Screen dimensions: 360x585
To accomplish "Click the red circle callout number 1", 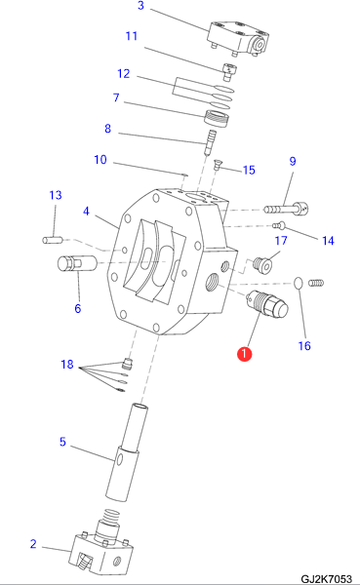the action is (x=244, y=354).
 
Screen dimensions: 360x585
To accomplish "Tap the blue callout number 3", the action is (x=140, y=6).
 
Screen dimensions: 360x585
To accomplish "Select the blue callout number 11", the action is (x=132, y=36).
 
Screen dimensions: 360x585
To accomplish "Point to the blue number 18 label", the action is (x=67, y=364).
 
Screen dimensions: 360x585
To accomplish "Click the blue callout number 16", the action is (x=304, y=346).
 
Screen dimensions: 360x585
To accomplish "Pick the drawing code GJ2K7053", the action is (x=326, y=579).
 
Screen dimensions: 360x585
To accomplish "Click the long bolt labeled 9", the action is (x=287, y=209).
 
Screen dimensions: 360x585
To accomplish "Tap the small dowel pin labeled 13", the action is (x=53, y=240).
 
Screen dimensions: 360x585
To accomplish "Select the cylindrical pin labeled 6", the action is (x=77, y=264).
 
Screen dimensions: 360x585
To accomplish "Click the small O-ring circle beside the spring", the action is (x=299, y=283).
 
